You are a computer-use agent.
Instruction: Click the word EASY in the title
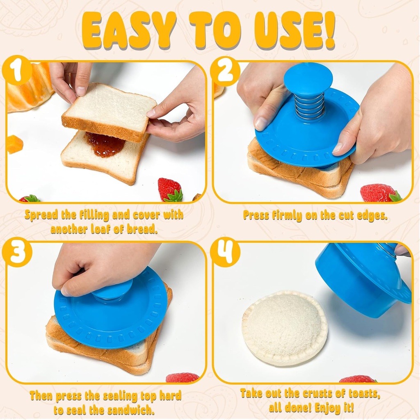[x=130, y=31]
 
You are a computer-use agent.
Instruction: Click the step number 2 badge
[x=225, y=71]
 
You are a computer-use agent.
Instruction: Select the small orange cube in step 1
[x=14, y=144]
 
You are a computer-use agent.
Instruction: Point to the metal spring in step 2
[x=310, y=106]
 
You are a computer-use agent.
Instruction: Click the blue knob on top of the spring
[x=308, y=79]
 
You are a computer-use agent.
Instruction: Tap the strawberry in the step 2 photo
[x=379, y=193]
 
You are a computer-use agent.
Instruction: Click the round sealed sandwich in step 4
[x=285, y=327]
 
